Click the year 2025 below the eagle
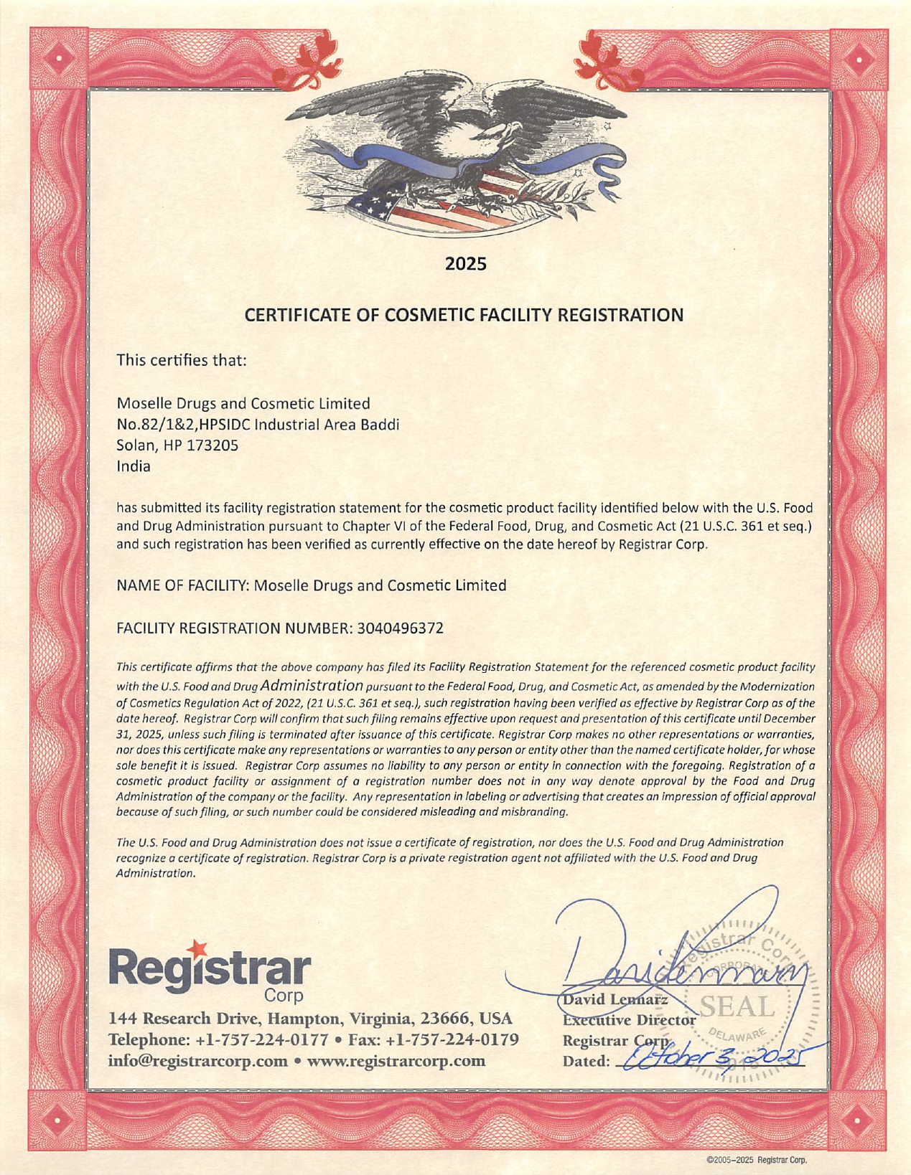click(466, 263)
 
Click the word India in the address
click(134, 466)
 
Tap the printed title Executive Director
click(630, 1019)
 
